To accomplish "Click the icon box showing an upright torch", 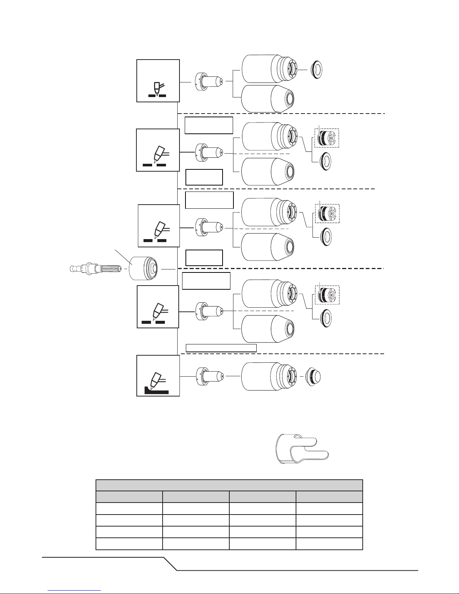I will pyautogui.click(x=158, y=80).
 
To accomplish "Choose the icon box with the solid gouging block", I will pyautogui.click(x=158, y=376).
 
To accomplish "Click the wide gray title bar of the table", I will pyautogui.click(x=229, y=485).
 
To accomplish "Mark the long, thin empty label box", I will pyautogui.click(x=221, y=348).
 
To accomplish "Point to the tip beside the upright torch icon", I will pyautogui.click(x=210, y=81).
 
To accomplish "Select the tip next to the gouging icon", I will pyautogui.click(x=210, y=376).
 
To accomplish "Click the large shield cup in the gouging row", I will pyautogui.click(x=269, y=376).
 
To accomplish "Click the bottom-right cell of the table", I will pyautogui.click(x=329, y=544).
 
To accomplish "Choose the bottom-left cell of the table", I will pyautogui.click(x=129, y=544).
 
